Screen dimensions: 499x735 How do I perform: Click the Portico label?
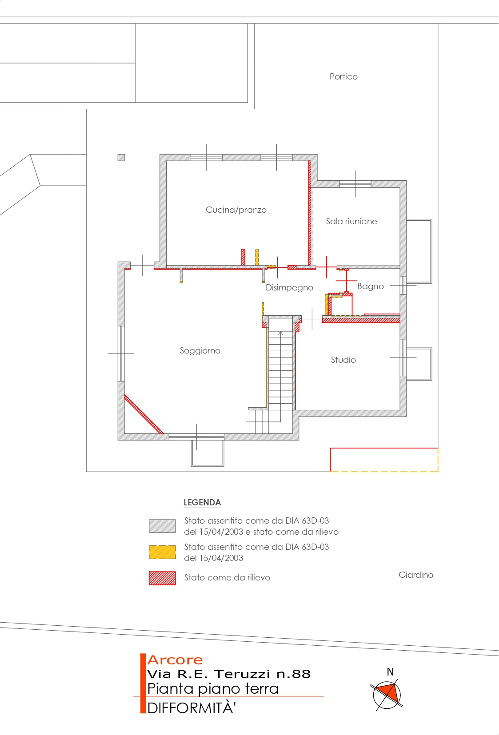tap(343, 76)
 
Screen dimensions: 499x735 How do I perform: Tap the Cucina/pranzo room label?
tap(236, 210)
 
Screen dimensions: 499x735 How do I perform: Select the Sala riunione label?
tap(351, 221)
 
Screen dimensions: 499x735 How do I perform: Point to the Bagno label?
tap(370, 286)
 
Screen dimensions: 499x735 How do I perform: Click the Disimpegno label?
tap(289, 287)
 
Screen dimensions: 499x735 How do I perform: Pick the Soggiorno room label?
tap(200, 351)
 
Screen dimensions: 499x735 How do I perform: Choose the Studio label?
tap(343, 360)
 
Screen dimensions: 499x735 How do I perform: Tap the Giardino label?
tap(415, 575)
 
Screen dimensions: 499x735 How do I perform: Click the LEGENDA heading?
tap(202, 502)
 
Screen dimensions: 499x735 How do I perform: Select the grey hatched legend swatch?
tap(162, 526)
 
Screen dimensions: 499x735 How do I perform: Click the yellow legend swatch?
tap(162, 552)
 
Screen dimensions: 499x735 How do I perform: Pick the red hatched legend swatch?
tap(162, 578)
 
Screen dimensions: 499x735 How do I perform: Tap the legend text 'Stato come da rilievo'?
tap(227, 577)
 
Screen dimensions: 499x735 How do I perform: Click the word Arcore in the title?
tap(175, 660)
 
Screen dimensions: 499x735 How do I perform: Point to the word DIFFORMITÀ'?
tap(192, 708)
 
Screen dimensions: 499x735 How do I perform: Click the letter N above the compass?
tap(390, 672)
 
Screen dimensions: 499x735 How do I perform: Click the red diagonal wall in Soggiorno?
tap(144, 414)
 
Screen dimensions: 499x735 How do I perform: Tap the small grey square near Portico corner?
tap(121, 158)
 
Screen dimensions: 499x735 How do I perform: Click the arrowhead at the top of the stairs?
tap(280, 333)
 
